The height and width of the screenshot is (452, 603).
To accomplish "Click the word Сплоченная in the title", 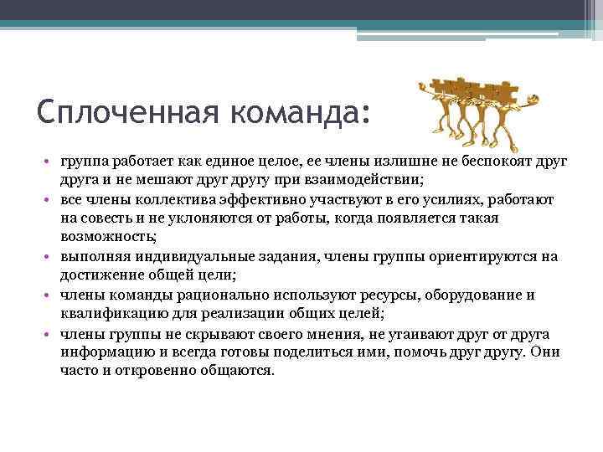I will [x=119, y=111].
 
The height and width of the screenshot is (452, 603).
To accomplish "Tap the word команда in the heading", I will [x=290, y=111].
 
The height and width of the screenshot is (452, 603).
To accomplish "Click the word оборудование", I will [x=473, y=295].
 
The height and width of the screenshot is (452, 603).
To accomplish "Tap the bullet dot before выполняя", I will [x=50, y=256].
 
